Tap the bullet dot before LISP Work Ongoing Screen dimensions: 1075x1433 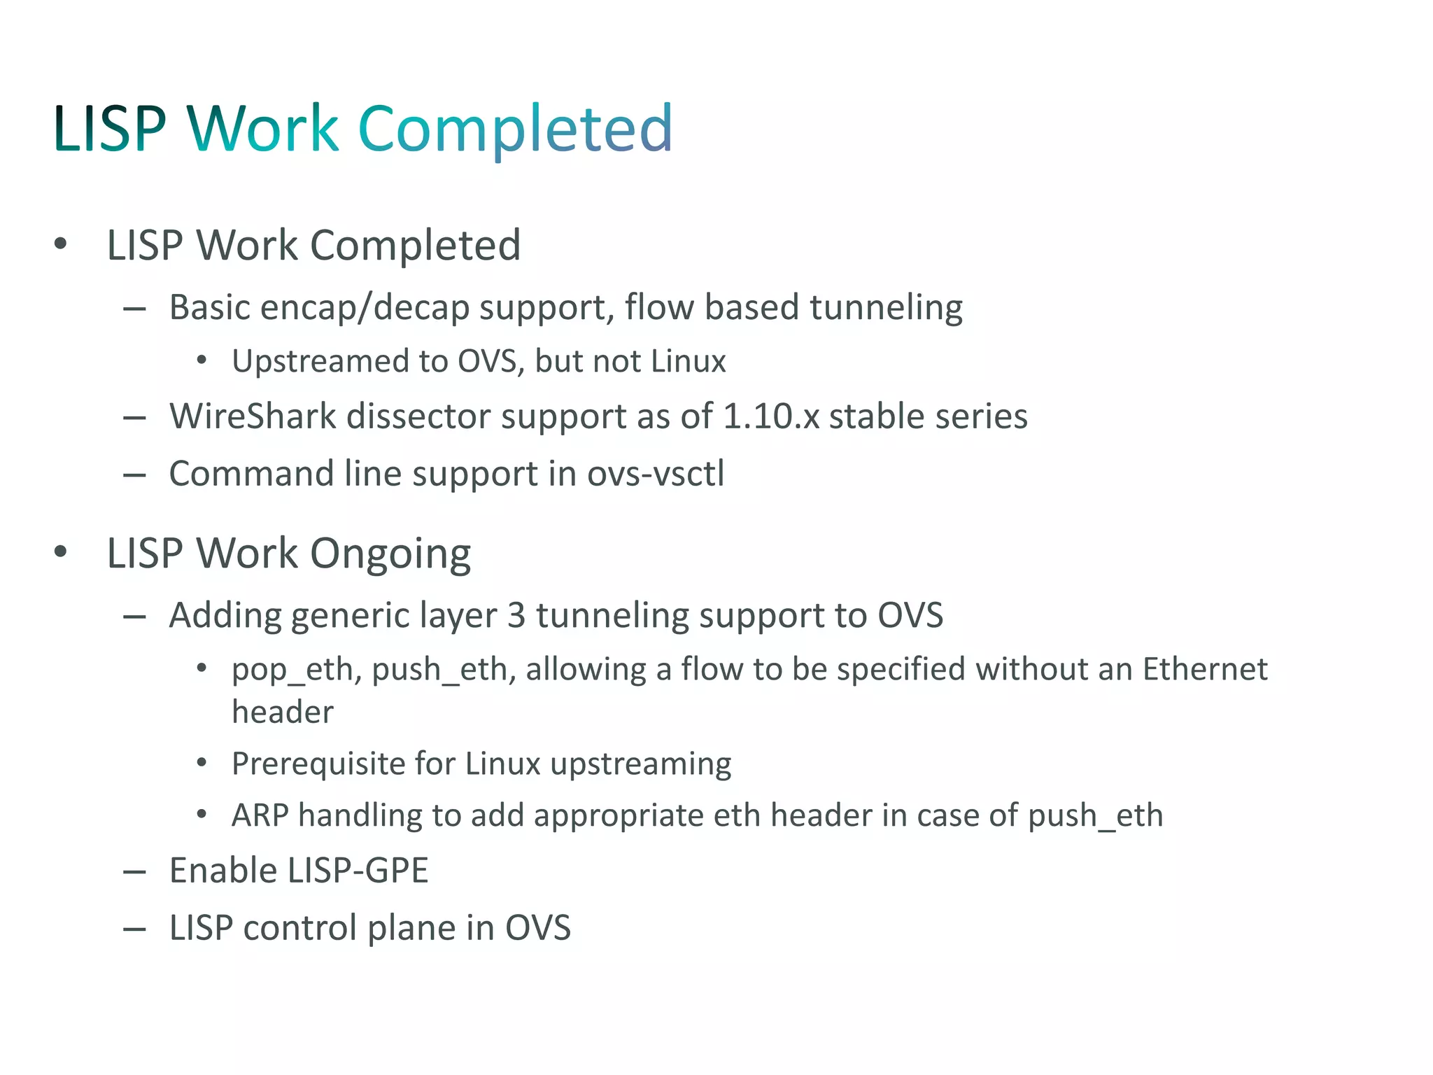[61, 552]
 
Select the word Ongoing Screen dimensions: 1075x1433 [390, 554]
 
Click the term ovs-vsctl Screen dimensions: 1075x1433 [656, 474]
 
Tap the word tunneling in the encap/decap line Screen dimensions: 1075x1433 [886, 308]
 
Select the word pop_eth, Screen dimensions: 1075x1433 [297, 670]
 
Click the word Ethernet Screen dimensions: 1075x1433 [1204, 669]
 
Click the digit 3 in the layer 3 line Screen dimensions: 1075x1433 [516, 616]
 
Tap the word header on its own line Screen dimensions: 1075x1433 [283, 712]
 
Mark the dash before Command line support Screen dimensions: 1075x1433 [134, 475]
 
